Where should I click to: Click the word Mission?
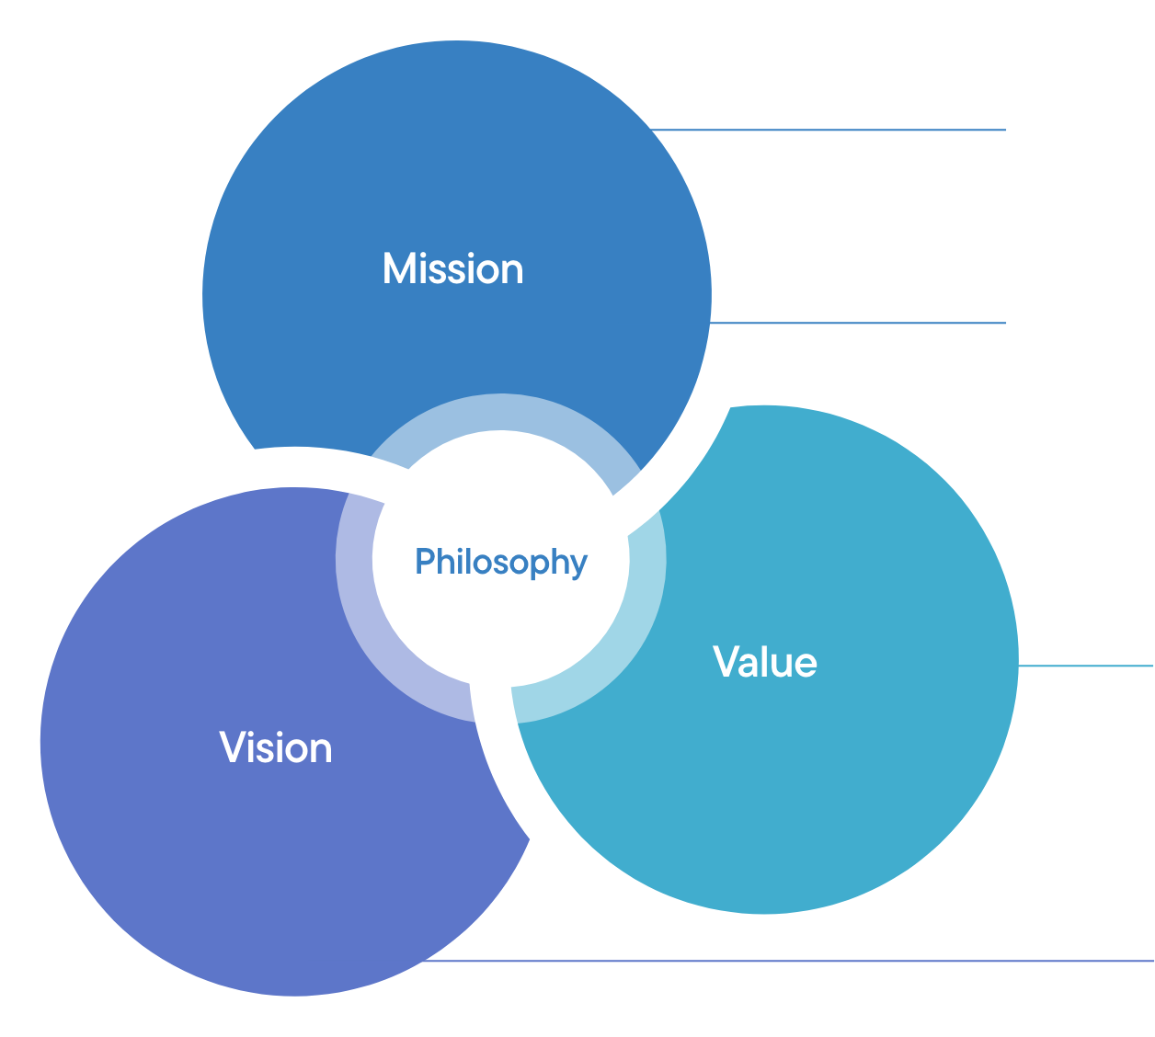tap(452, 269)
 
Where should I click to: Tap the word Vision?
tap(276, 748)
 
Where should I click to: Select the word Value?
tap(765, 662)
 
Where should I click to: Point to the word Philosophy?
tap(501, 562)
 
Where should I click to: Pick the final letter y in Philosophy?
tap(578, 565)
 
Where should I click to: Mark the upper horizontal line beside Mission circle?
tap(828, 131)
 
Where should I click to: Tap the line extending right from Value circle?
tap(1085, 666)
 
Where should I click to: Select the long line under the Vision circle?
tap(782, 962)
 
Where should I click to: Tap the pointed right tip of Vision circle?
tap(529, 838)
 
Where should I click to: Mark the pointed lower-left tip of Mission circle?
tap(256, 448)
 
